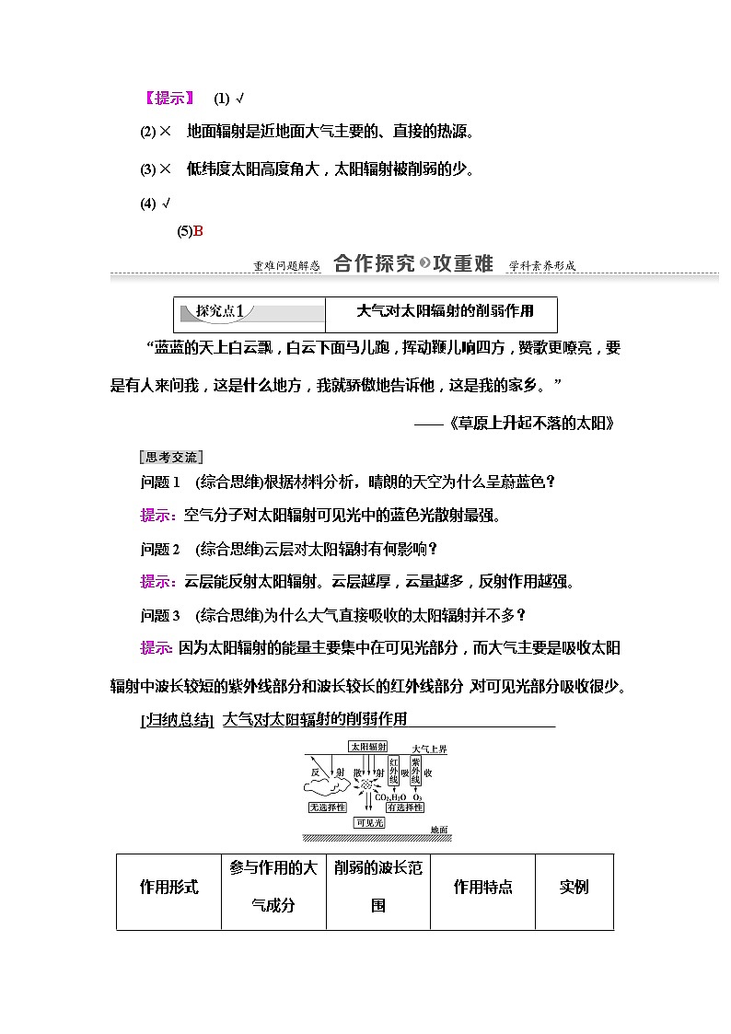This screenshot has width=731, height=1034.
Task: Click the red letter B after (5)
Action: click(198, 231)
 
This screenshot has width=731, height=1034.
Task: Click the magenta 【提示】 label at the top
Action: click(169, 99)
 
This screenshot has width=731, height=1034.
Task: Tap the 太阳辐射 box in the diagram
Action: click(367, 747)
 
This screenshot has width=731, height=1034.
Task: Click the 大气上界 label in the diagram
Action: click(429, 749)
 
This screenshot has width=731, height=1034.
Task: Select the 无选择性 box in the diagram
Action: click(327, 807)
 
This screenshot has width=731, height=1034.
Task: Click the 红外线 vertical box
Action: click(394, 772)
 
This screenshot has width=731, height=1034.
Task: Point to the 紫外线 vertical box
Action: click(416, 772)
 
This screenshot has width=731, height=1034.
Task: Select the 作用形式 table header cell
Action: click(168, 888)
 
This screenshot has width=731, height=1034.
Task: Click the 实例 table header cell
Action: click(574, 888)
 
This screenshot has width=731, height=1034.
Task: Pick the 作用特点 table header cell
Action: click(482, 888)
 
